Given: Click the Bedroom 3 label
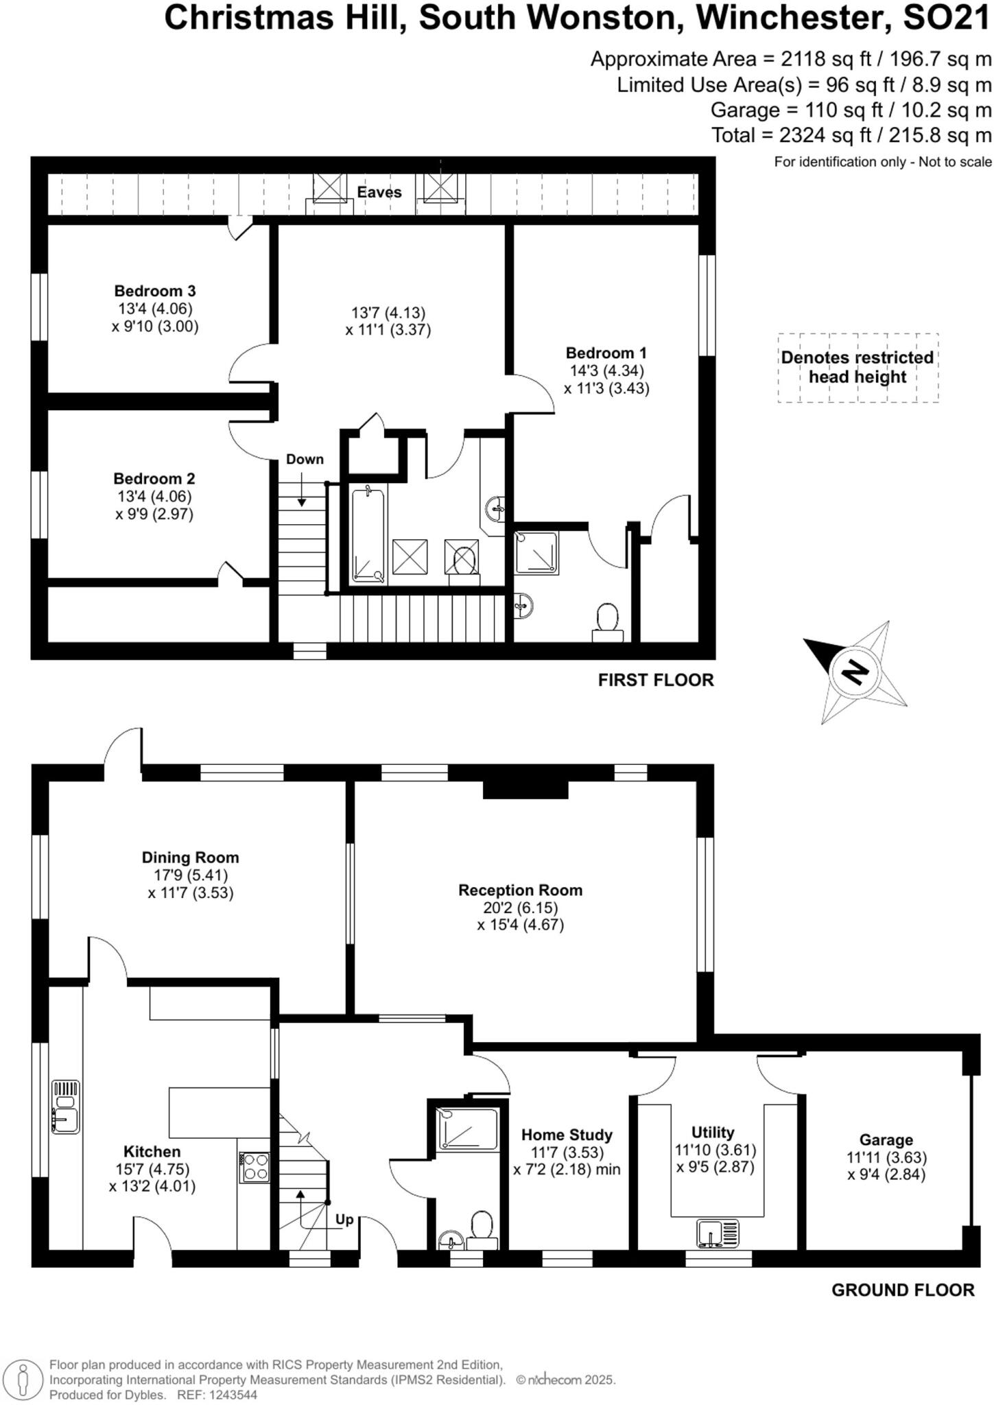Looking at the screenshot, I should tap(155, 291).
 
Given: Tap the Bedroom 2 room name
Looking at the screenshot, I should tap(154, 479).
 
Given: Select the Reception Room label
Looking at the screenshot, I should tap(520, 890).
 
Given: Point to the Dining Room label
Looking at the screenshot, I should tap(190, 858).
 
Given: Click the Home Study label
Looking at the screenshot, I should tap(567, 1135).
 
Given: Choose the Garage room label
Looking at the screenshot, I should tap(886, 1140).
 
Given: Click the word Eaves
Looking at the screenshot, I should tap(379, 192).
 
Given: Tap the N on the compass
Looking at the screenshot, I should tap(855, 671).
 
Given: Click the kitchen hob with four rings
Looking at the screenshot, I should tap(255, 1167).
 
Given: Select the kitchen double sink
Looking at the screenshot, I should tap(66, 1107).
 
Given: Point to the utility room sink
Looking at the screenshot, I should tap(718, 1233).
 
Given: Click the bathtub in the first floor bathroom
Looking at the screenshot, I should tap(369, 534).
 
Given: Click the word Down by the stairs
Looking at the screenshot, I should tap(305, 459).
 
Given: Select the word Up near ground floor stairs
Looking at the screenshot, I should tap(344, 1219).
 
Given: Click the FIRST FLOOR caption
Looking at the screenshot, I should tap(656, 680).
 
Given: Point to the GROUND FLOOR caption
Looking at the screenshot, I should tap(903, 1290).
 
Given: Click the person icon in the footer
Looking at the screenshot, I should tap(23, 1379).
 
